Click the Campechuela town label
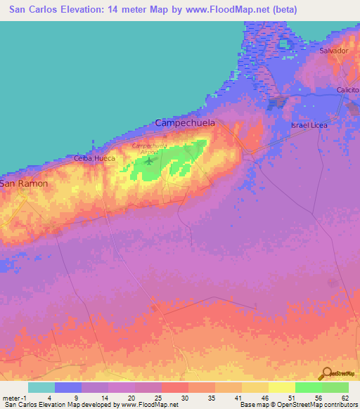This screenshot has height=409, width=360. [x=186, y=123]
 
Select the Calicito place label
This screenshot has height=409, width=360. [x=347, y=91]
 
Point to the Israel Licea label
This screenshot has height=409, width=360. [x=309, y=125]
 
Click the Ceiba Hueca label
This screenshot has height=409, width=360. [x=94, y=159]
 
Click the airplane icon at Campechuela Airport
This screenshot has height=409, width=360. [x=149, y=161]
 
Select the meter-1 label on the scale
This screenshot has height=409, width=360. [x=13, y=397]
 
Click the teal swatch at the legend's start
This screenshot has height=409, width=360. [x=41, y=387]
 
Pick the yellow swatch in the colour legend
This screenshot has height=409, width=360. [x=281, y=387]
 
